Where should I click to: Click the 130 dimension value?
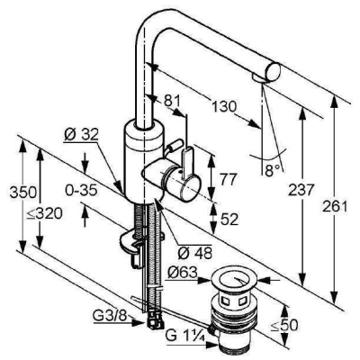coord(224,107)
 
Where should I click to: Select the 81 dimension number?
coord(172,101)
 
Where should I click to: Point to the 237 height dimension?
coord(301,190)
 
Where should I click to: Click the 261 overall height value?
coord(335,206)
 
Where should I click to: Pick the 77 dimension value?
coord(229,180)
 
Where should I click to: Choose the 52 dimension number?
coord(229,220)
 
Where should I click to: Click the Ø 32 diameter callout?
coord(81,136)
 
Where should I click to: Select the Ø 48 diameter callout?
coord(195,254)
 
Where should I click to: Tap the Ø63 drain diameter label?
coord(183,273)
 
